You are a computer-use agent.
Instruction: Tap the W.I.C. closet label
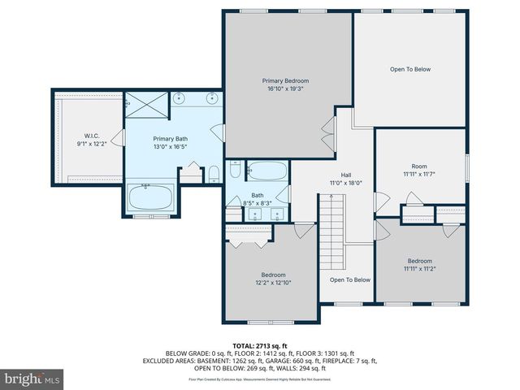(x=91, y=136)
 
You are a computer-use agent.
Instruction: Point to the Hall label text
(x=345, y=175)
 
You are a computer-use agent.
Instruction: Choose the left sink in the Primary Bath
(x=180, y=99)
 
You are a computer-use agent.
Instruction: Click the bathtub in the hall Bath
(x=266, y=171)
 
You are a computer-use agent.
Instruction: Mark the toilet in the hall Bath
(x=235, y=171)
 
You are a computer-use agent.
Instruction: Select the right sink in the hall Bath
(x=277, y=215)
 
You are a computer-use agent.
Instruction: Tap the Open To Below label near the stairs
(x=350, y=279)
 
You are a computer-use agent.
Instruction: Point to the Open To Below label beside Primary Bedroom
(x=409, y=69)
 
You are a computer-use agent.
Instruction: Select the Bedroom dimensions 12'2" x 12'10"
(x=272, y=283)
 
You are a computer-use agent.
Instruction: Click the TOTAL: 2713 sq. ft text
(x=260, y=345)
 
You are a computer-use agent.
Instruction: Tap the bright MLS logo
(x=32, y=379)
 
